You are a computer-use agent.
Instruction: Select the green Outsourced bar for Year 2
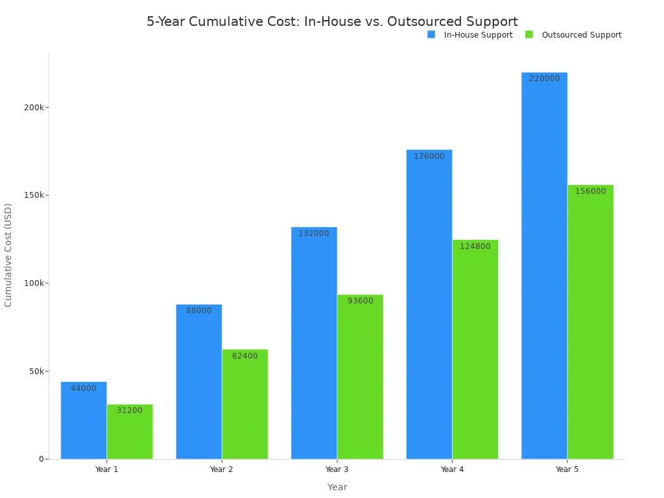click(x=244, y=409)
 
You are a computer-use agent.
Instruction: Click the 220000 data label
click(x=544, y=78)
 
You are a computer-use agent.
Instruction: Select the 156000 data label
click(x=590, y=191)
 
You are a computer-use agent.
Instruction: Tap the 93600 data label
click(x=360, y=301)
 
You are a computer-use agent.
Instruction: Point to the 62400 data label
click(x=244, y=356)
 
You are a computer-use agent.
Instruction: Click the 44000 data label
click(x=84, y=388)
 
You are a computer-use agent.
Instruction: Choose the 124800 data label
click(x=475, y=246)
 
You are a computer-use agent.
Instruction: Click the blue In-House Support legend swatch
click(x=431, y=34)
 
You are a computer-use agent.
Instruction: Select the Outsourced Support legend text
click(x=581, y=35)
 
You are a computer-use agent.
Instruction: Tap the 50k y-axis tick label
click(x=35, y=372)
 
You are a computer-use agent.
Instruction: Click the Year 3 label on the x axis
click(x=337, y=469)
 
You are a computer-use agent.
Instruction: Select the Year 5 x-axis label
click(x=567, y=469)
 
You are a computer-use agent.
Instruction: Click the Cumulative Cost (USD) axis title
click(x=8, y=255)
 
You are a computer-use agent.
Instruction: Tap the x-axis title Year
click(x=337, y=487)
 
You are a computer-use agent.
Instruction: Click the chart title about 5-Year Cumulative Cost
click(x=332, y=21)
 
